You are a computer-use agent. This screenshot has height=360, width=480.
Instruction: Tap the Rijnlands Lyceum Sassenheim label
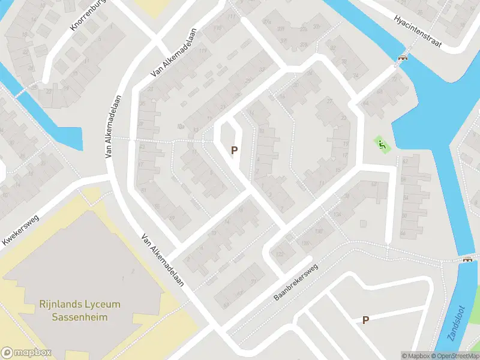80,310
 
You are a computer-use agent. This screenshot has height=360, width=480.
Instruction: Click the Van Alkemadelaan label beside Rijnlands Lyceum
163,260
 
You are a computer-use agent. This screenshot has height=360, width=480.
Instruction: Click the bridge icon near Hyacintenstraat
403,58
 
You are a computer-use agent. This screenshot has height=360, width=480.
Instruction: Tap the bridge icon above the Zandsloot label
467,259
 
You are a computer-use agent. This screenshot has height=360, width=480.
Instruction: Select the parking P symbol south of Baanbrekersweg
365,320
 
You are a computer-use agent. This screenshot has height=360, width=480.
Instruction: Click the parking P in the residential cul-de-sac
235,151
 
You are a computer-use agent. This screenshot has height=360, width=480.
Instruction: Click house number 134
338,215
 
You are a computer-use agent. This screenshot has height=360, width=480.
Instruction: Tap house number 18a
180,127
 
